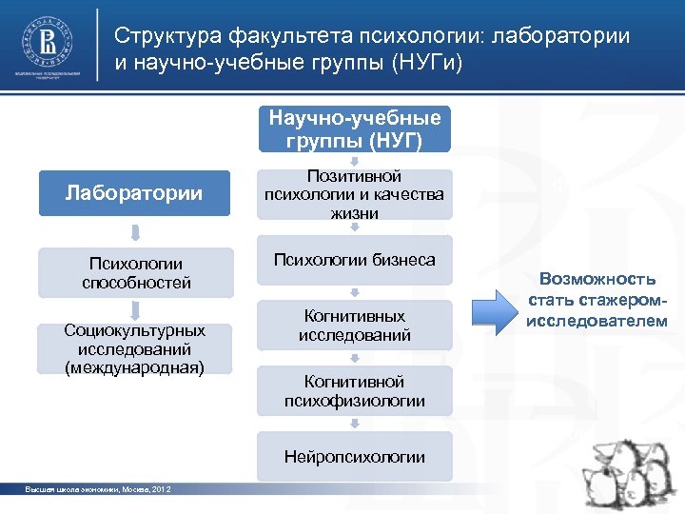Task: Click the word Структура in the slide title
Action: (166, 36)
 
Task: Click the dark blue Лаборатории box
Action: (134, 193)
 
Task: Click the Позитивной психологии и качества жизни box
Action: (355, 195)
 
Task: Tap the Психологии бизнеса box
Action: (355, 260)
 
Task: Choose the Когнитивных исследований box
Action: (355, 326)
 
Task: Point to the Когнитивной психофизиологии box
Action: (355, 391)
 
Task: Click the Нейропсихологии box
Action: (355, 457)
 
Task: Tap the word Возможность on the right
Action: (597, 279)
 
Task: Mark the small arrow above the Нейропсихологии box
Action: (355, 425)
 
